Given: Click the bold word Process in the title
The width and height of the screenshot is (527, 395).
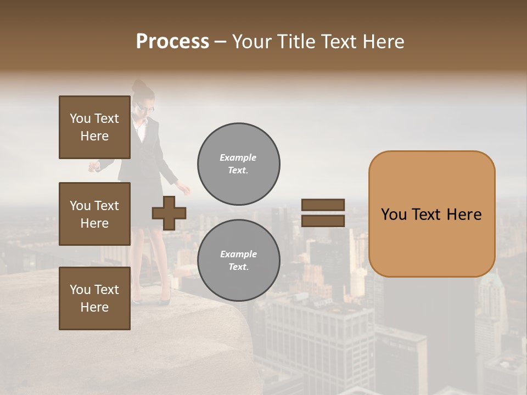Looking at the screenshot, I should (x=172, y=42).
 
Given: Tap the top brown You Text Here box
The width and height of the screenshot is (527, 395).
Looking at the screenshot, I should (x=94, y=127).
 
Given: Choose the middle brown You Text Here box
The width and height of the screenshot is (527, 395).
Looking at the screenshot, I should (x=94, y=214).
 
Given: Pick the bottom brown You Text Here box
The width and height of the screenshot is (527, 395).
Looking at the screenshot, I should (x=94, y=298).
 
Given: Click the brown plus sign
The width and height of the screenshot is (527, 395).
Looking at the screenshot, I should (x=169, y=213).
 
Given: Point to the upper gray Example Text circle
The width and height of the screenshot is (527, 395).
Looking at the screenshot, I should (x=239, y=164).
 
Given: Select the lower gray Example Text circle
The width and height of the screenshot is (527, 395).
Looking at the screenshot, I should (x=239, y=261).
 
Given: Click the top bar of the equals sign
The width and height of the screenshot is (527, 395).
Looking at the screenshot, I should (x=323, y=205).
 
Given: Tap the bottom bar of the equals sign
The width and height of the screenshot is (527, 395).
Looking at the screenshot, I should (x=323, y=221).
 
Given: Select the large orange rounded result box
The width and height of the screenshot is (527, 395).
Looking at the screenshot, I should (x=431, y=214).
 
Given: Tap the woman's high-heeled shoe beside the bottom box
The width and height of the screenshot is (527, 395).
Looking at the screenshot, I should (x=165, y=300).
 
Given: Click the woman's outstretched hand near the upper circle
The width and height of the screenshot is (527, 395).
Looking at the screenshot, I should (x=185, y=189).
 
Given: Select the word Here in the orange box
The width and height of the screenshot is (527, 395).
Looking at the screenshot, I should (x=464, y=215).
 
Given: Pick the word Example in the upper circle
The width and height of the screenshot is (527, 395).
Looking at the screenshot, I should (x=238, y=157).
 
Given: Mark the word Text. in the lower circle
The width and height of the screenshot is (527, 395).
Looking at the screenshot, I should (x=238, y=267).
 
